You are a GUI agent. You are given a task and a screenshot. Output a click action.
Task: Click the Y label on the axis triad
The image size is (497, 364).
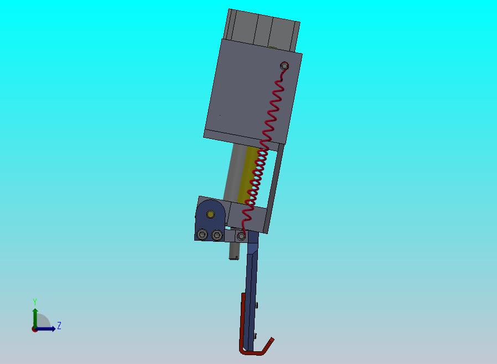(x=35, y=301)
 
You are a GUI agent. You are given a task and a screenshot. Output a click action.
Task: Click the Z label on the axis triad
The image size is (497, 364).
(x=59, y=325)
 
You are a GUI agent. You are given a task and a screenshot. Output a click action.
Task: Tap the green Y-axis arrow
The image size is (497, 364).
(x=35, y=318)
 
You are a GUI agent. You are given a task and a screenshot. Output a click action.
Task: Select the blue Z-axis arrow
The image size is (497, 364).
(x=45, y=329)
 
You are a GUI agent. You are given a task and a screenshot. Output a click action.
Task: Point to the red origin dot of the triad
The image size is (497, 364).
(x=34, y=330)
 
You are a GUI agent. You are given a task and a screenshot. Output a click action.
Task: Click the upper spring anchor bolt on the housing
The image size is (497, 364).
(x=284, y=66)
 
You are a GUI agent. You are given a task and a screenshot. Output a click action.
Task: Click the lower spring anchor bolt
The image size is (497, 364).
(x=241, y=236)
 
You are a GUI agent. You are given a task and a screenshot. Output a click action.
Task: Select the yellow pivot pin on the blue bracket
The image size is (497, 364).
(x=210, y=214)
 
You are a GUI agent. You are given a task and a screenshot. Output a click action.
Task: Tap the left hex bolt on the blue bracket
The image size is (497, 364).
(x=202, y=235)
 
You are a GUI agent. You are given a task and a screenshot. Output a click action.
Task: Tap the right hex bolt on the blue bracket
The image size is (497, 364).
(x=217, y=235)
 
